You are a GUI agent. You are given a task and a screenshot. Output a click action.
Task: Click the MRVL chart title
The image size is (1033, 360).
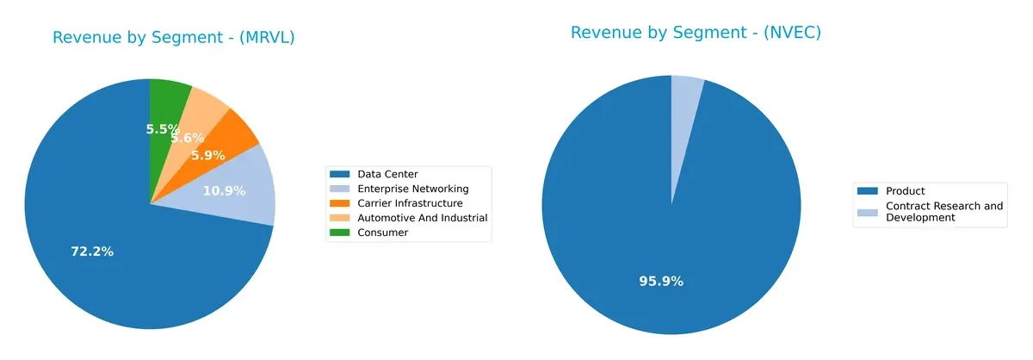(x=173, y=38)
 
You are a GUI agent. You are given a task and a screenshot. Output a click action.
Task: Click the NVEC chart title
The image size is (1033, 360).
(x=695, y=33)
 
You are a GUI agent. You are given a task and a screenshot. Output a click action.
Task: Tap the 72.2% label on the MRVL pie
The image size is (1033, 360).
(x=92, y=251)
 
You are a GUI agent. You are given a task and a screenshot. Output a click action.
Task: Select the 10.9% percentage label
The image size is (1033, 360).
(x=224, y=190)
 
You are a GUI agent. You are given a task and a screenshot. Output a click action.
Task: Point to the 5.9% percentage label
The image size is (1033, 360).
(x=207, y=155)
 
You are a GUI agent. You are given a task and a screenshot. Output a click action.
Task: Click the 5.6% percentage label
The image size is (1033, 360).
(x=187, y=138)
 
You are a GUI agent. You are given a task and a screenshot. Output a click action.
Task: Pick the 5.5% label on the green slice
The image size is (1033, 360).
(x=162, y=129)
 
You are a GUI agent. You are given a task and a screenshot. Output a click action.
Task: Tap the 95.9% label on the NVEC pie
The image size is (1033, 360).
(x=661, y=281)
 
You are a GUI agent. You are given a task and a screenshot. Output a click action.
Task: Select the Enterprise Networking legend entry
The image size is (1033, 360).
(x=412, y=189)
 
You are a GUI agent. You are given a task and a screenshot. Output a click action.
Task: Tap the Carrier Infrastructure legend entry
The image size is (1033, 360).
(x=410, y=203)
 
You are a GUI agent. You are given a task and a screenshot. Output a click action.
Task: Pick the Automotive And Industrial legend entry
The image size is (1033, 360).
(x=422, y=218)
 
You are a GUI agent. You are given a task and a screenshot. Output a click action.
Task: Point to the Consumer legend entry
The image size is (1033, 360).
(x=382, y=233)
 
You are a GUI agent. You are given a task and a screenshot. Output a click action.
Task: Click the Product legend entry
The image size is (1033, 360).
(x=904, y=191)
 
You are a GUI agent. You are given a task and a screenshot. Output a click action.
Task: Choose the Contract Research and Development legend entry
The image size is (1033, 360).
(x=943, y=212)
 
